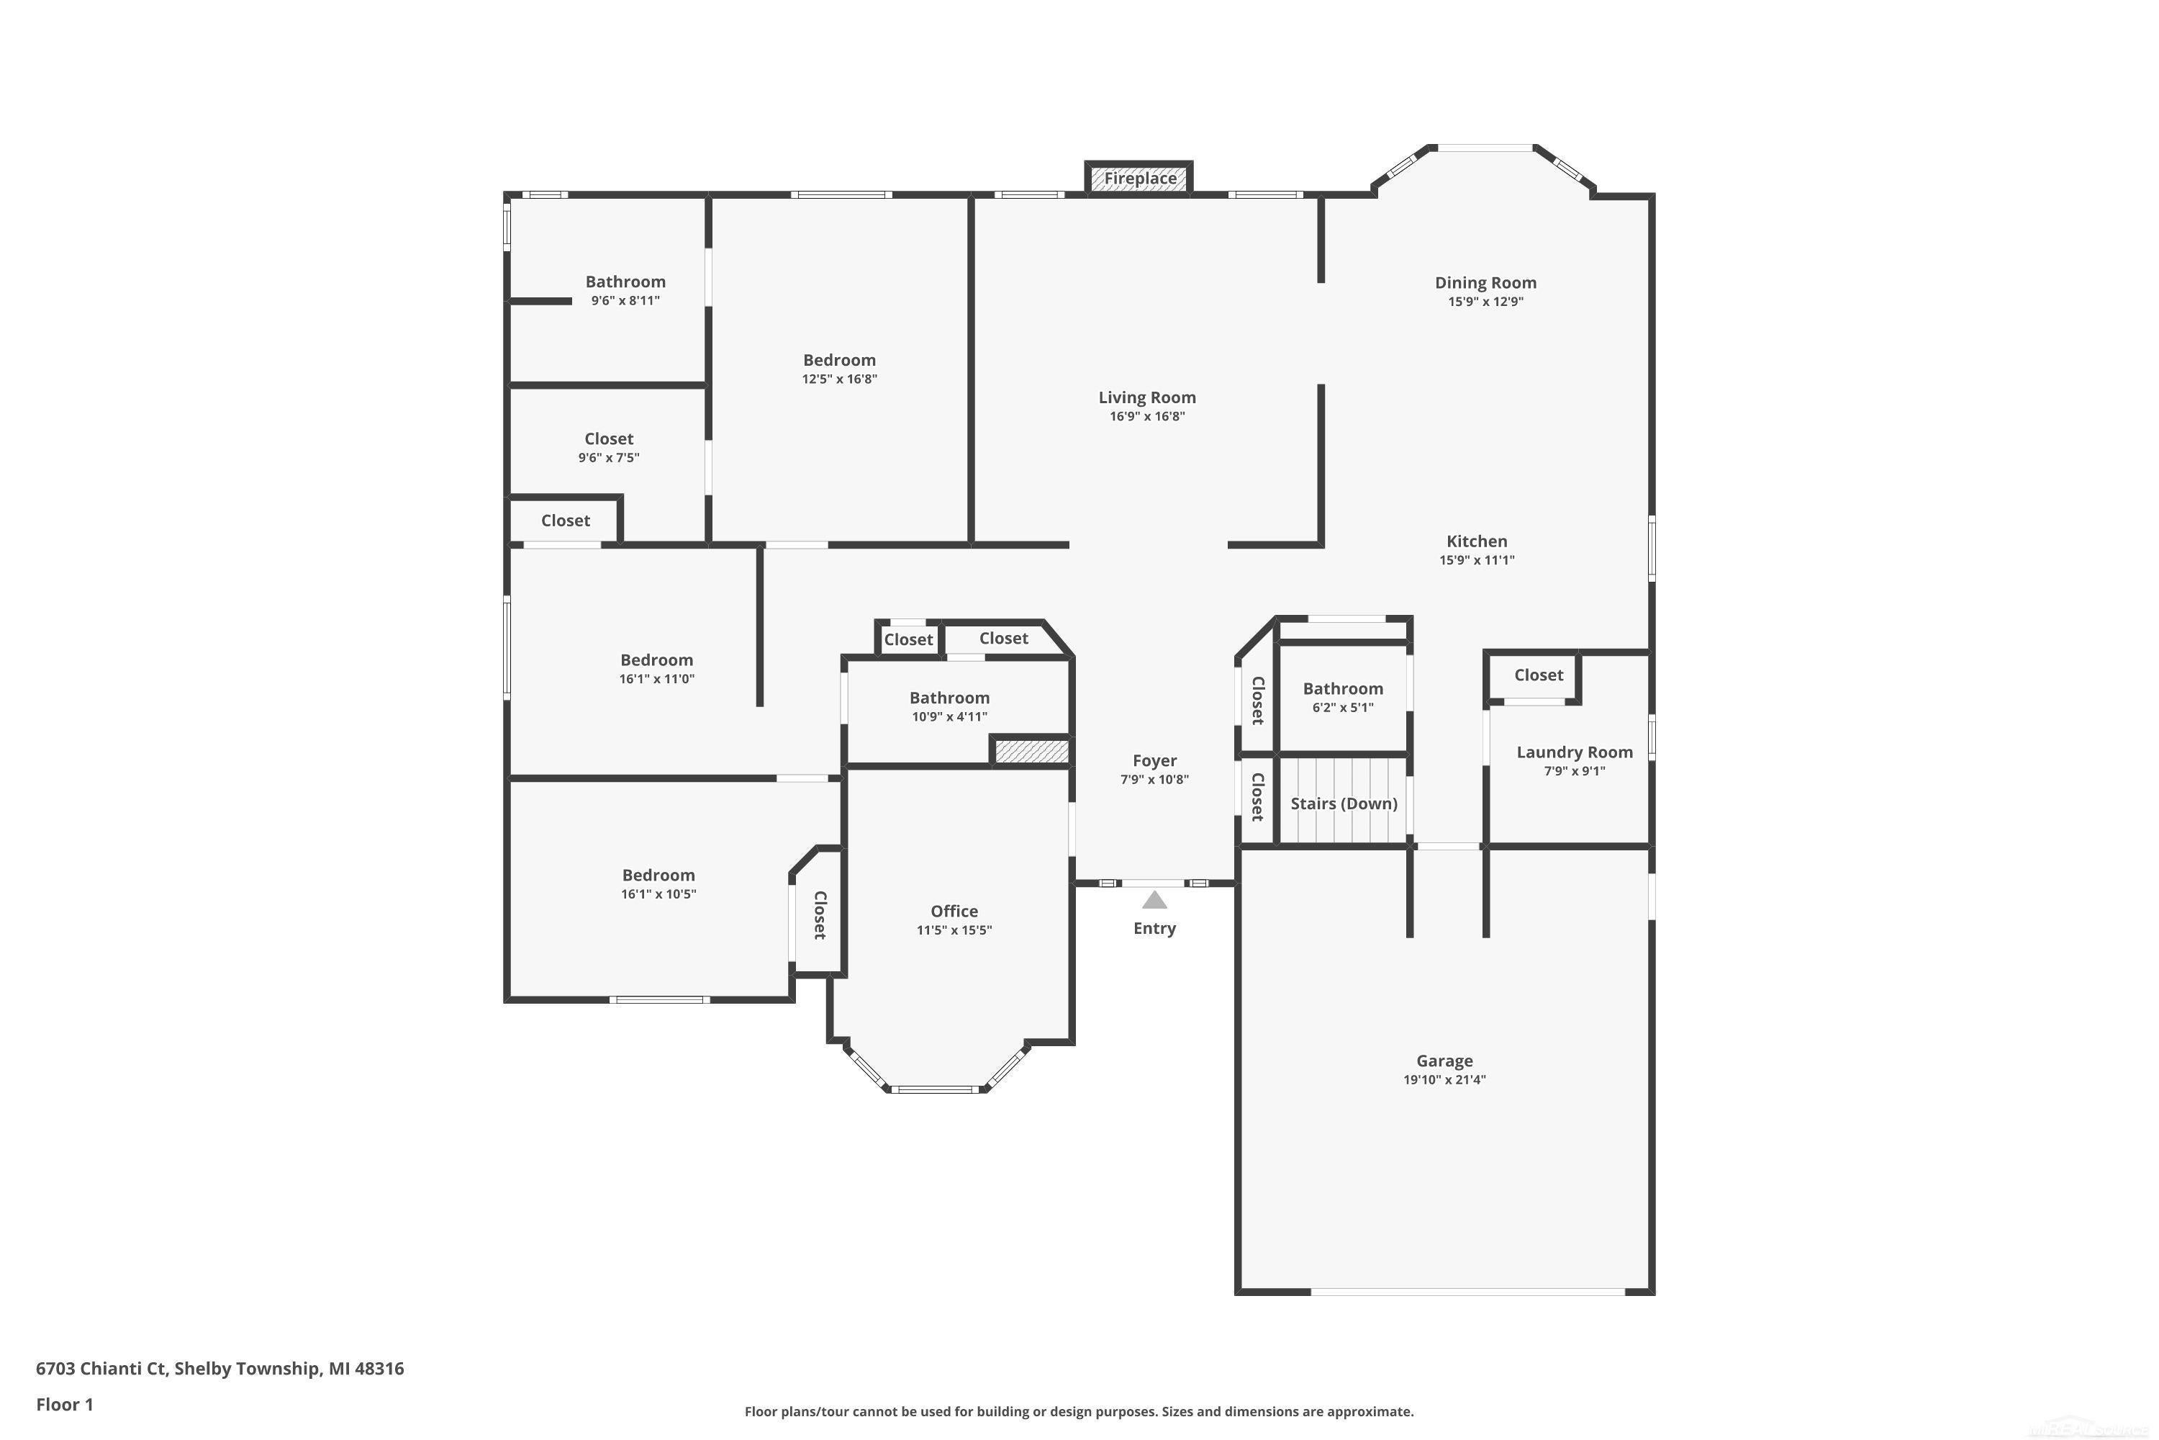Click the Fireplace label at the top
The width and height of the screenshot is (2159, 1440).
pyautogui.click(x=1140, y=178)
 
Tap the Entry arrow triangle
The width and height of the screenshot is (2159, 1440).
pyautogui.click(x=1155, y=900)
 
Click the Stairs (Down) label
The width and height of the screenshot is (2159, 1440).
pyautogui.click(x=1344, y=804)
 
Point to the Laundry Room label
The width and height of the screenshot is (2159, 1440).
pyautogui.click(x=1575, y=752)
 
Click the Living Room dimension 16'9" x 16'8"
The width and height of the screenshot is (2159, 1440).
pyautogui.click(x=1147, y=416)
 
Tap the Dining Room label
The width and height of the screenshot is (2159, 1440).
pyautogui.click(x=1485, y=283)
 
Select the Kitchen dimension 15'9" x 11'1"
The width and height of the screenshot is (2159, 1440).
pyautogui.click(x=1477, y=560)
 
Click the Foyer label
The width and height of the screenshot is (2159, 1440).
pyautogui.click(x=1155, y=761)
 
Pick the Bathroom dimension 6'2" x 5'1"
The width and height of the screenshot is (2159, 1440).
pyautogui.click(x=1343, y=708)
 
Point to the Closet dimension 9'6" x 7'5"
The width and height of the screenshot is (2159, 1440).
pyautogui.click(x=609, y=458)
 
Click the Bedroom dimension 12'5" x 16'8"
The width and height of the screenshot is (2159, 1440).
pyautogui.click(x=839, y=379)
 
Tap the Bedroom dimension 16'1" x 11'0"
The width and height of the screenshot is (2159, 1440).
pyautogui.click(x=656, y=680)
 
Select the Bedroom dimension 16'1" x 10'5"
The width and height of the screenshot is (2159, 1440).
pyautogui.click(x=658, y=894)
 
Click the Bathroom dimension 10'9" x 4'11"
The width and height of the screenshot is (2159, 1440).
pyautogui.click(x=949, y=717)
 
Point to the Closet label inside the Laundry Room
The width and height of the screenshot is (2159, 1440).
pyautogui.click(x=1539, y=675)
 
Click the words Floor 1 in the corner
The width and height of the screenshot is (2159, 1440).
pyautogui.click(x=64, y=1404)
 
